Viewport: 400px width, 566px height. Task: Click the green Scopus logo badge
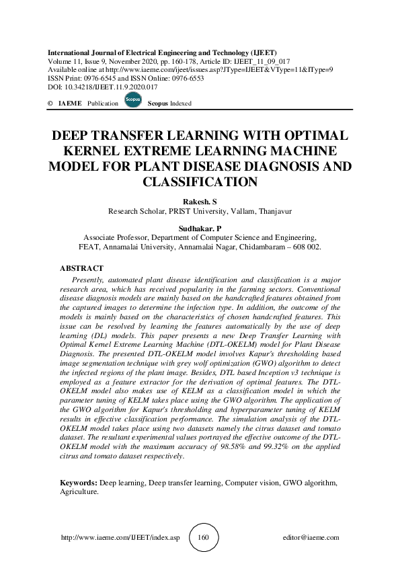(133, 100)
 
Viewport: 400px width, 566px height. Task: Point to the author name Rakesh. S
(200, 201)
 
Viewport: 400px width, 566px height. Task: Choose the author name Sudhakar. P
(200, 229)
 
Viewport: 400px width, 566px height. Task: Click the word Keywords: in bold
(79, 483)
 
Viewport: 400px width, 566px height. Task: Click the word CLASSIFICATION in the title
(200, 181)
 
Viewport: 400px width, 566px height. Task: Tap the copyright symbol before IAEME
(50, 104)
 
